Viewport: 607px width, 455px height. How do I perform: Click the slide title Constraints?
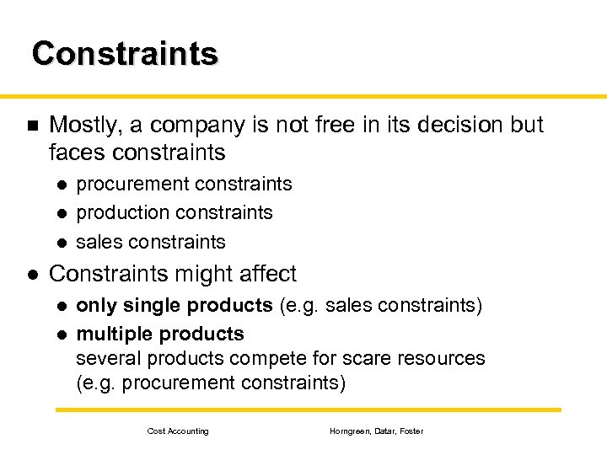point(125,53)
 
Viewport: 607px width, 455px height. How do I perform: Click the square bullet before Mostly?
point(31,126)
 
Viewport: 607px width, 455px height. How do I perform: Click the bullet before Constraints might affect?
point(31,274)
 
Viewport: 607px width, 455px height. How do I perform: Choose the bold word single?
point(153,305)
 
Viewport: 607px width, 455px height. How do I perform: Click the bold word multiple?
point(114,334)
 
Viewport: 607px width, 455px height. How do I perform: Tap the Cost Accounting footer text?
point(178,431)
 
